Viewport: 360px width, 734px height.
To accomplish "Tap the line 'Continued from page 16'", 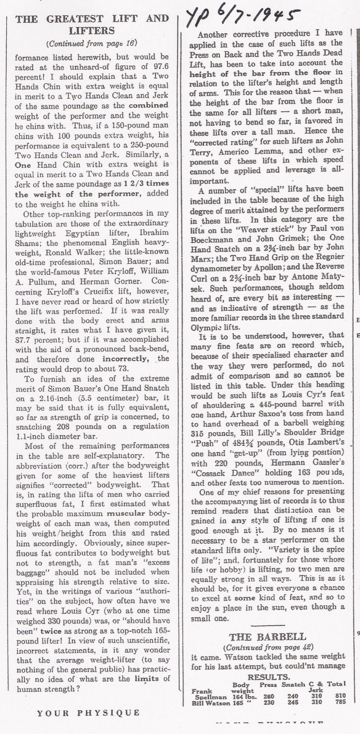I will [x=91, y=44].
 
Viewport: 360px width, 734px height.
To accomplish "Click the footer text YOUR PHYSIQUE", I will [x=88, y=712].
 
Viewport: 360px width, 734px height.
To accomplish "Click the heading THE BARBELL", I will [x=268, y=637].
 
